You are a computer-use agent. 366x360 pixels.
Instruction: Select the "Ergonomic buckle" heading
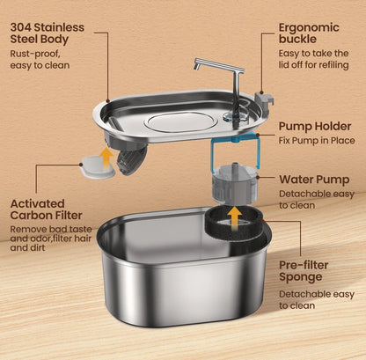(308, 33)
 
